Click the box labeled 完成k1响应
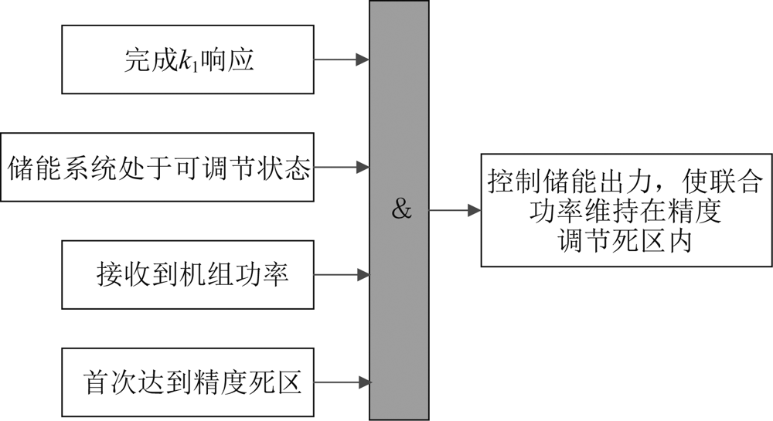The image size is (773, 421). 188,60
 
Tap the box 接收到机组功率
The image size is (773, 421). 188,273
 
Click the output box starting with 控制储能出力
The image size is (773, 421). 626,210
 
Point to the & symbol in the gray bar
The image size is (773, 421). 401,209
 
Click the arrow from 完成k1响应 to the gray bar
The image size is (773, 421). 342,60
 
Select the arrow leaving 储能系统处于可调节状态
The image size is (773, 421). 342,167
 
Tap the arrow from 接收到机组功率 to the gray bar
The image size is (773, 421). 342,273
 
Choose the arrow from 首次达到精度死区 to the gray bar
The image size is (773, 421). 342,381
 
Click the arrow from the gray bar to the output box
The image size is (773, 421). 455,210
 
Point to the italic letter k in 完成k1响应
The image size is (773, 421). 184,60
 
